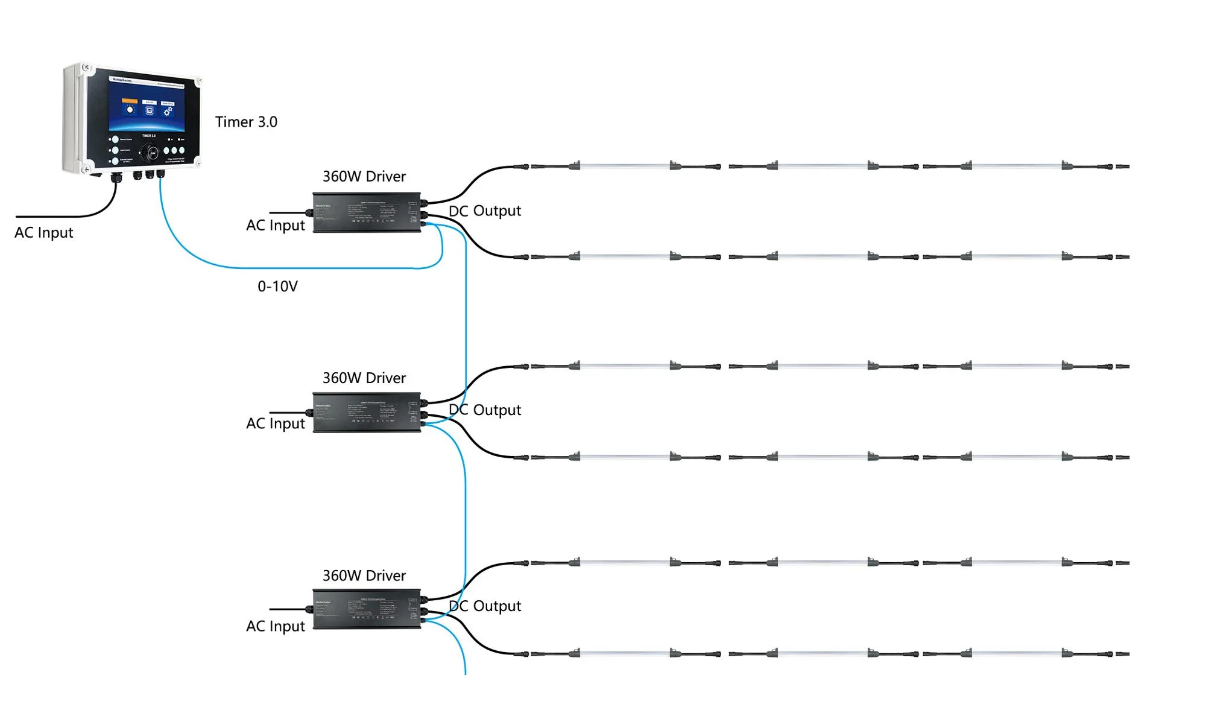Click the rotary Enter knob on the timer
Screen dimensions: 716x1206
(151, 153)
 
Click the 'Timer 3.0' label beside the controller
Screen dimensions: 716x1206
(246, 122)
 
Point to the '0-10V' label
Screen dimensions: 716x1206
(277, 287)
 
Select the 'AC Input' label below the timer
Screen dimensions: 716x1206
(44, 233)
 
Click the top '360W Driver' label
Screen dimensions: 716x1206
(364, 177)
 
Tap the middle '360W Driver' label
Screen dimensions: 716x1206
(364, 378)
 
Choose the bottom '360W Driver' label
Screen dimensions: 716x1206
(364, 576)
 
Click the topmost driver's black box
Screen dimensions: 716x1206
(367, 212)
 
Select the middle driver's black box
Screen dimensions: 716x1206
(367, 413)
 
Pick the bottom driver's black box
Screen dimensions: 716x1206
(367, 609)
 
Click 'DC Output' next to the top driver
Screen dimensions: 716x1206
(485, 211)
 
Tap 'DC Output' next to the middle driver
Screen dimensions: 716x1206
(485, 410)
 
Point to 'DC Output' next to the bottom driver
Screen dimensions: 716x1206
(485, 606)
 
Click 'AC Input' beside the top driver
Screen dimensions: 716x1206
(276, 226)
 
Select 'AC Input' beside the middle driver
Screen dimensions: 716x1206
(276, 424)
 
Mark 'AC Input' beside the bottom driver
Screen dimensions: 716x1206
(276, 627)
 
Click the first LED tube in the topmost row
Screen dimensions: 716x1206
(625, 166)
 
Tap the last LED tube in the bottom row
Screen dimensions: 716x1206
(1017, 653)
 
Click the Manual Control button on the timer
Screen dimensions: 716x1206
(115, 139)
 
